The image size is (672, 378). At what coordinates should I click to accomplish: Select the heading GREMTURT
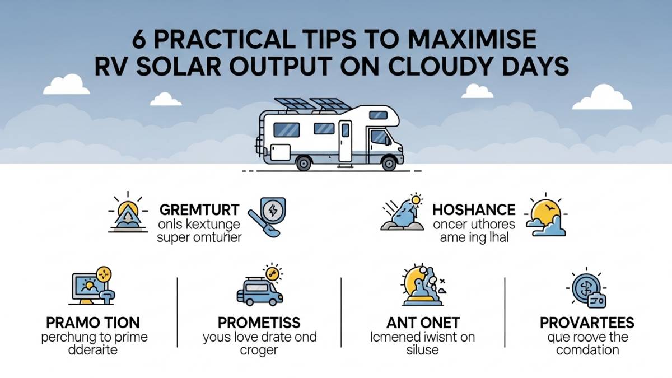point(199,210)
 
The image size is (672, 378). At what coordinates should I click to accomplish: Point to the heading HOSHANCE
point(474,210)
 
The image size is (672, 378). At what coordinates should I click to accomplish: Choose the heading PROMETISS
point(259,323)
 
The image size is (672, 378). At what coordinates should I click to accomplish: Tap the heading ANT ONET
point(423,323)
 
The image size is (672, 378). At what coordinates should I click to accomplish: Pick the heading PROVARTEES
point(587,323)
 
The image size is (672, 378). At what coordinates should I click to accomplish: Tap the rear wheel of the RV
point(304,163)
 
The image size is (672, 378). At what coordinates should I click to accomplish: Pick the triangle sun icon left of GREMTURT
point(127,216)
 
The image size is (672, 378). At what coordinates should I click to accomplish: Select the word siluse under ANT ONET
point(423,350)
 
